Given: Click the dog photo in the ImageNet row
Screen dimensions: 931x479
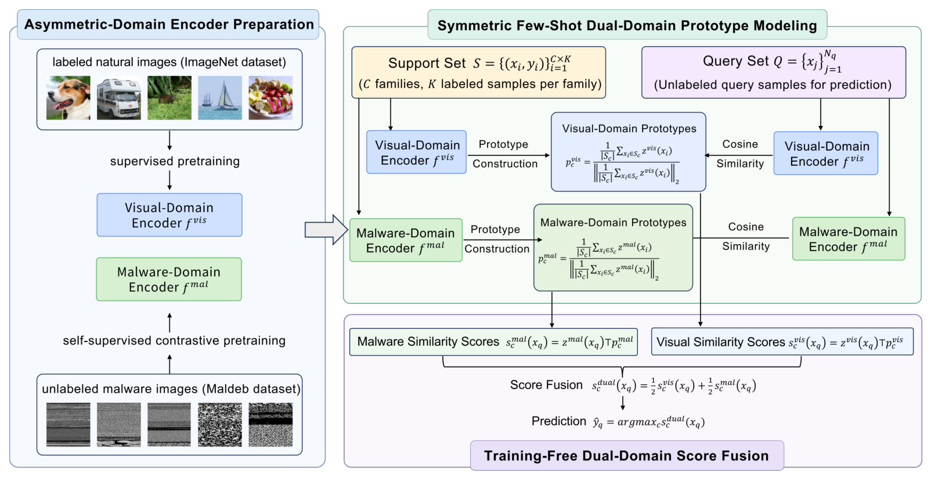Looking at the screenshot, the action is tap(68, 97).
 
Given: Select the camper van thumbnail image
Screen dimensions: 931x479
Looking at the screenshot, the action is tap(119, 97).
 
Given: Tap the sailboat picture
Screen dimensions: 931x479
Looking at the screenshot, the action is tap(220, 97).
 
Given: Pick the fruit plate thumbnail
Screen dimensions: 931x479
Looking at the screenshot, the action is tap(270, 97).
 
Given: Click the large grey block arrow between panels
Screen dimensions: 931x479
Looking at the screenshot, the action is tap(326, 230).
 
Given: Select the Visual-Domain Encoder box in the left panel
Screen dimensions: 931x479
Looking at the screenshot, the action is tap(169, 215).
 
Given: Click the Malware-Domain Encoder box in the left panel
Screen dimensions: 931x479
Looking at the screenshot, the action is tap(169, 279).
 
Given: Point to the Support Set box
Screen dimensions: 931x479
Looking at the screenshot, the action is tap(479, 72).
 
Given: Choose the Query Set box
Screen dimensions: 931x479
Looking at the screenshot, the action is tap(774, 72).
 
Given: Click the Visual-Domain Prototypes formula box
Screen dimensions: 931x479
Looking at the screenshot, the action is tap(629, 152).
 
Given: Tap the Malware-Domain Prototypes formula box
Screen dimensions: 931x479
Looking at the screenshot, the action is tap(613, 248).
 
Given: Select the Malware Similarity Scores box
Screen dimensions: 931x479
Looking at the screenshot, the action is tap(493, 342).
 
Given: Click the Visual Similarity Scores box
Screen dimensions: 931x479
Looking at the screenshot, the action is tap(782, 342).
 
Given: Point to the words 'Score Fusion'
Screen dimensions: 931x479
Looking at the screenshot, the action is tap(546, 385).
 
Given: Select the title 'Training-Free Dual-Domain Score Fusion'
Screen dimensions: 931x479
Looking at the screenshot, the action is tap(626, 456).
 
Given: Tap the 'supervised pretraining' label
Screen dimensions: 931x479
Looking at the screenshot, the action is tap(175, 161).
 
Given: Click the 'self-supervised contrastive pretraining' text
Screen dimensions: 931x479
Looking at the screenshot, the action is tap(174, 341).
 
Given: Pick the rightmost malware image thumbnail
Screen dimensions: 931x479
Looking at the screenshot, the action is tap(270, 424).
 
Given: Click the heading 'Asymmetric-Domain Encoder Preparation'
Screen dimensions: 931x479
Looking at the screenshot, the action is tap(169, 24).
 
